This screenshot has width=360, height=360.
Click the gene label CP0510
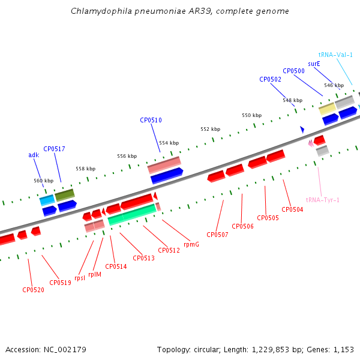[x=151, y=120]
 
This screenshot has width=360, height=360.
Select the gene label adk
[x=34, y=155]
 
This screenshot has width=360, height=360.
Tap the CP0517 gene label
[x=54, y=148]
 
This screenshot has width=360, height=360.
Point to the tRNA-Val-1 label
[x=335, y=55]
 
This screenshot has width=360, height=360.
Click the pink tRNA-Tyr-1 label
[x=322, y=200]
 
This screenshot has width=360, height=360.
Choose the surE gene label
[x=314, y=63]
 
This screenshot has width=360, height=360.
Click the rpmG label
[x=191, y=244]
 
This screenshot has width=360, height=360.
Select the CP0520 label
[x=33, y=290]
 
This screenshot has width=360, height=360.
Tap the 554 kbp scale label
[x=169, y=143]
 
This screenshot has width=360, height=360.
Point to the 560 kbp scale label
[x=43, y=181]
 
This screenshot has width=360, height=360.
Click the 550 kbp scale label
[x=251, y=115]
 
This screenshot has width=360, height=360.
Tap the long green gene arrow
[x=131, y=214]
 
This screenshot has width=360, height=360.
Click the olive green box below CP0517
[x=65, y=194]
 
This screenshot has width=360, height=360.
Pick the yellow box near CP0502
[x=327, y=108]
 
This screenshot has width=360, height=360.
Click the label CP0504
[x=292, y=209]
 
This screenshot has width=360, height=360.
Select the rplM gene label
[x=94, y=274]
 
